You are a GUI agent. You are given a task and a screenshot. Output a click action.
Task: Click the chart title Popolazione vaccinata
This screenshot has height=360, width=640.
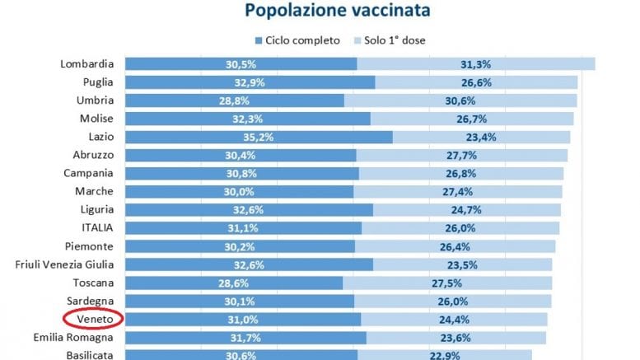[x=336, y=12]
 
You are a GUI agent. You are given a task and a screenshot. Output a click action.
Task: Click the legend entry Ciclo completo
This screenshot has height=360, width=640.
[x=301, y=40]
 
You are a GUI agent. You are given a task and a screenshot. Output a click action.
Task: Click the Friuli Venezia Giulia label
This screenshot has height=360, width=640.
[x=70, y=264]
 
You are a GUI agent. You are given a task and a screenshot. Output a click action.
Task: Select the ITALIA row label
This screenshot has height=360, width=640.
[x=97, y=227]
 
